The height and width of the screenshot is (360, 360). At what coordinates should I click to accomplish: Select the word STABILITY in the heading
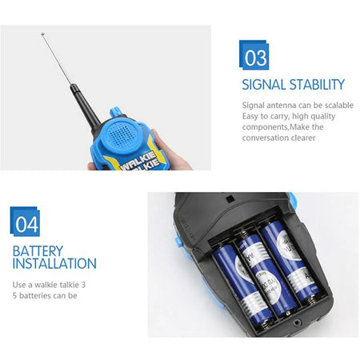click(318, 84)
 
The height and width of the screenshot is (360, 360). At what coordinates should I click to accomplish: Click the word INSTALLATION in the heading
click(54, 263)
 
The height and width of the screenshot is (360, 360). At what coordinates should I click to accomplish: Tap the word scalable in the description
click(338, 105)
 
